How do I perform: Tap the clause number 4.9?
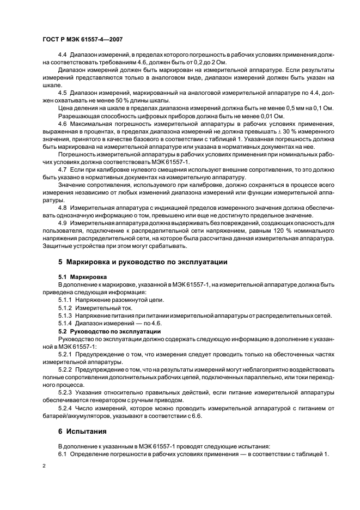click(64, 223)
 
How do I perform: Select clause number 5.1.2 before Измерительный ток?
click(65, 307)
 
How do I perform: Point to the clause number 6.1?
click(63, 454)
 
